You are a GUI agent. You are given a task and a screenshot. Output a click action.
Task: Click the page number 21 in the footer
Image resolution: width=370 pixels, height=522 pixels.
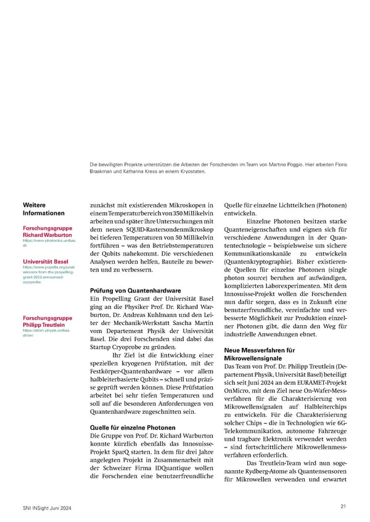(343, 506)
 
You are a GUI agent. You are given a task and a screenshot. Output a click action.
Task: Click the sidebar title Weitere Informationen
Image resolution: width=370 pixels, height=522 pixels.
(43, 209)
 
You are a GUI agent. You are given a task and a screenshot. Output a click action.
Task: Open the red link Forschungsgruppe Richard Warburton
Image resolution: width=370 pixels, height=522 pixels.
(47, 231)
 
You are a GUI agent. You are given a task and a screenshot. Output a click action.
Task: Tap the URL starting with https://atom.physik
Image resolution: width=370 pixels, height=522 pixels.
(46, 333)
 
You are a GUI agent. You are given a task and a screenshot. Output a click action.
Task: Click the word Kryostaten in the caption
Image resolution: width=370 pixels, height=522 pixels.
(192, 172)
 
